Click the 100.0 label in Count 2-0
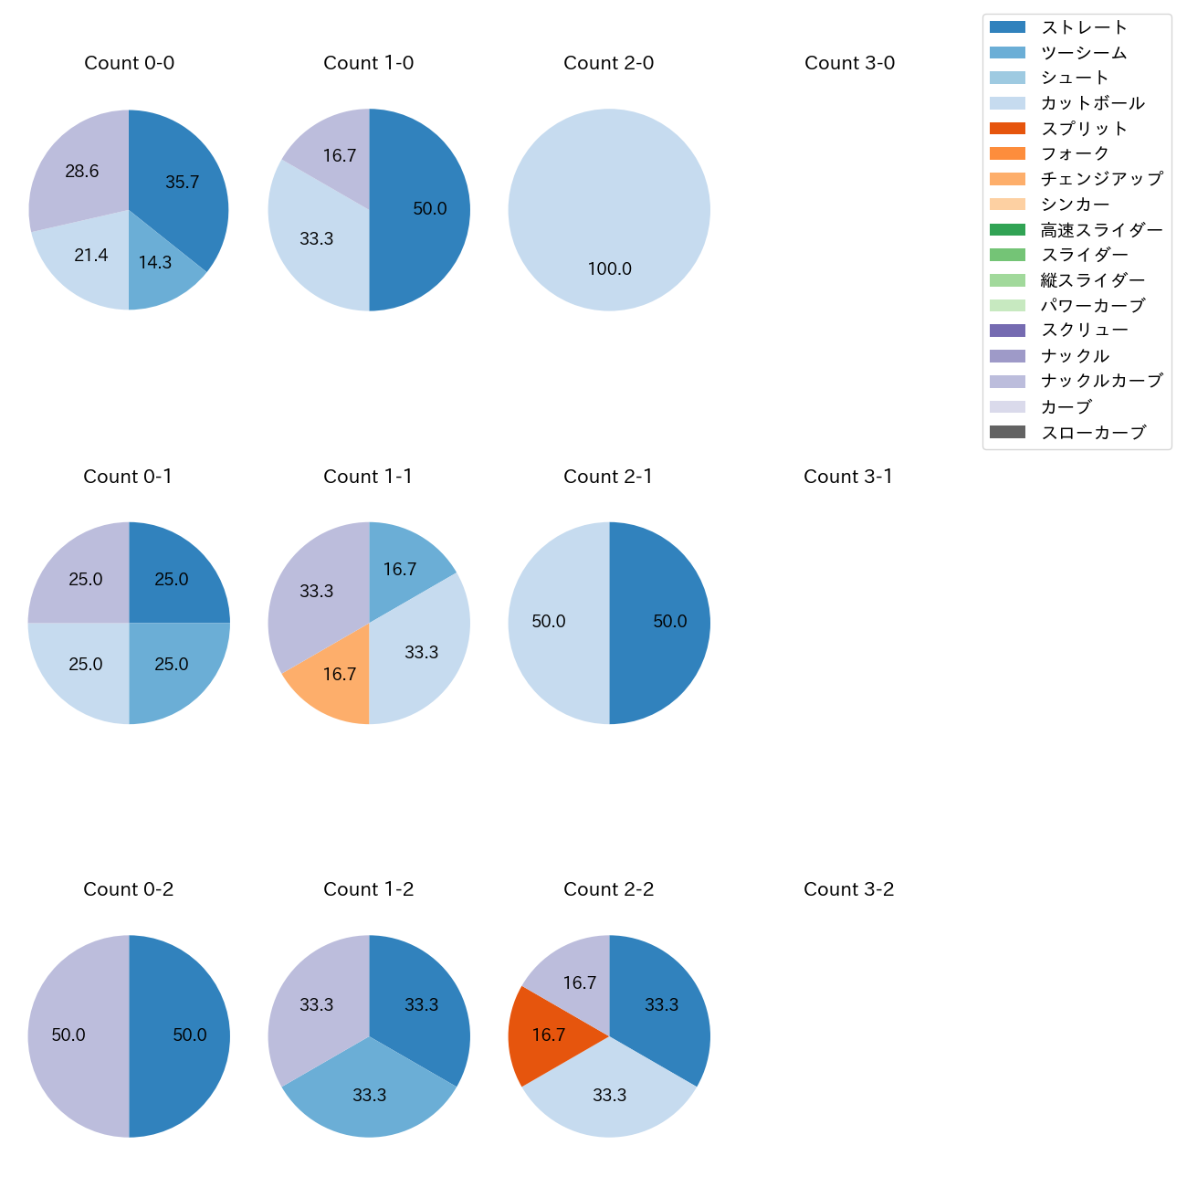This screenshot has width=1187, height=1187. (609, 269)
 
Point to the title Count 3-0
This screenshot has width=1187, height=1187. (849, 63)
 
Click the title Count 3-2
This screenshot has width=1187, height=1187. (848, 889)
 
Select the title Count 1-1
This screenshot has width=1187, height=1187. (368, 477)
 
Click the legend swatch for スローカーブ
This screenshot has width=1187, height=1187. (1007, 432)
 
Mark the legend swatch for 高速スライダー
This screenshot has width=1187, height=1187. (1007, 230)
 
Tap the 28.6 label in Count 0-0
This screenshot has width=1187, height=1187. (82, 172)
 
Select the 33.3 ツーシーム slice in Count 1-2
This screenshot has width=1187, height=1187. (369, 1096)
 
